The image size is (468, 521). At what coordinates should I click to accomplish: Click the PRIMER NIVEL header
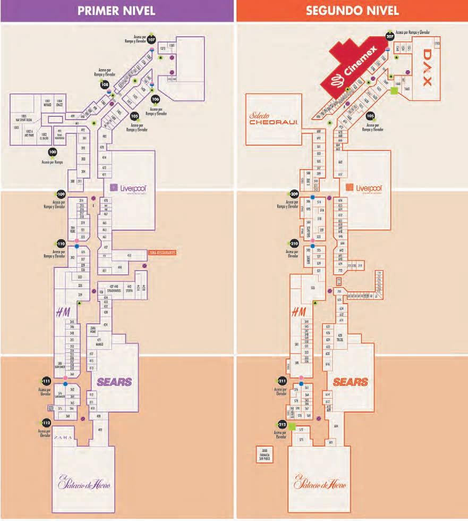click(x=117, y=11)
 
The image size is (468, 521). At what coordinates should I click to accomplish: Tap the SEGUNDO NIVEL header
click(x=352, y=11)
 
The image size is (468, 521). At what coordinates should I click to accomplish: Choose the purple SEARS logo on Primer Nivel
click(x=114, y=381)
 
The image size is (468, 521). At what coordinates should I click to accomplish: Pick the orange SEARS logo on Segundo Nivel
click(x=351, y=382)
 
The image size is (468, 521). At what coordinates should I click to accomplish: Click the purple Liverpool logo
click(x=128, y=188)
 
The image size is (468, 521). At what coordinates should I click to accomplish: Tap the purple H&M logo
click(x=63, y=314)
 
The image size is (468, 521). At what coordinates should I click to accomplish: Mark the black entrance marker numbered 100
click(x=53, y=152)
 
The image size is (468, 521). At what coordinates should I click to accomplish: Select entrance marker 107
click(x=152, y=39)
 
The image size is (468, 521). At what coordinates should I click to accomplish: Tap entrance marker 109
click(x=61, y=194)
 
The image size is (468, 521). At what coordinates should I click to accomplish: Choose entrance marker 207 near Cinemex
click(x=390, y=37)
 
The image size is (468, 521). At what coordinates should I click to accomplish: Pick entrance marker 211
click(x=282, y=381)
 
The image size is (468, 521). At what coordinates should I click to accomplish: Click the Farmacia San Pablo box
click(x=265, y=455)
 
